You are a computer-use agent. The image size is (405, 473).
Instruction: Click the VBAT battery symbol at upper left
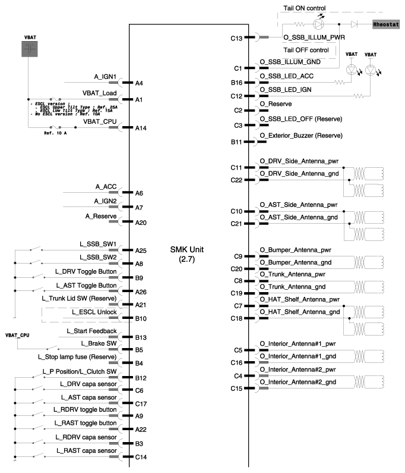click(x=30, y=49)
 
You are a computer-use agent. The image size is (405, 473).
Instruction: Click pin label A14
click(x=141, y=128)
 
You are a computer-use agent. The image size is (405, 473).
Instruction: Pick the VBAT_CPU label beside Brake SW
click(x=17, y=335)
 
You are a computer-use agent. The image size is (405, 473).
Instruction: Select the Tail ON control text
click(x=304, y=8)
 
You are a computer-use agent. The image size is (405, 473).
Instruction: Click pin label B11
click(x=238, y=142)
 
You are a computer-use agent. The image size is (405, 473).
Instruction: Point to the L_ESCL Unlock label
click(x=94, y=312)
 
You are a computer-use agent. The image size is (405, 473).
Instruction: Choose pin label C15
click(x=238, y=389)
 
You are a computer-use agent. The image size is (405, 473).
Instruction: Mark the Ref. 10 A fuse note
click(x=55, y=133)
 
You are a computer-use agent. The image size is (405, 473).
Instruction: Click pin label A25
click(x=141, y=250)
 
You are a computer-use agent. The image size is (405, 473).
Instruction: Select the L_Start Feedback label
click(x=91, y=330)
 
